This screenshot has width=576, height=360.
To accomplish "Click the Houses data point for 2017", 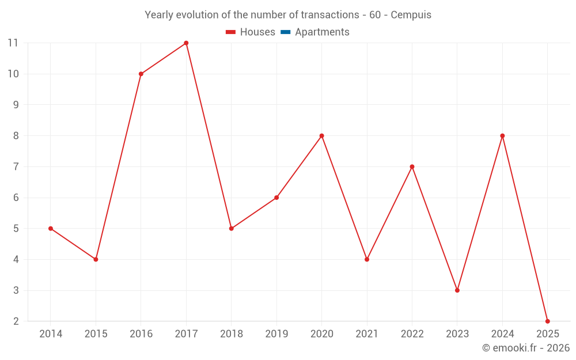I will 186,43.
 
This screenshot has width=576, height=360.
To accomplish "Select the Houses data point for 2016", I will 141,74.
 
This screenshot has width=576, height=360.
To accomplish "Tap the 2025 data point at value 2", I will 547,321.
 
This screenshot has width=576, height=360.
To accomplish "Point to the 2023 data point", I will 457,290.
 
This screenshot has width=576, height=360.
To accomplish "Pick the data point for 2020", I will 321,136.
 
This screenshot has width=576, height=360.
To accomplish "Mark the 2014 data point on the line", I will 51,229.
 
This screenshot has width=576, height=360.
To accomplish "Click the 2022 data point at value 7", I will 412,166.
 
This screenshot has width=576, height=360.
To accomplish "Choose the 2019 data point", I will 276,198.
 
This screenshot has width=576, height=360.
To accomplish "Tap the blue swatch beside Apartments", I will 285,32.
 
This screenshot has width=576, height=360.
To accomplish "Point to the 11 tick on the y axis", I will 13,43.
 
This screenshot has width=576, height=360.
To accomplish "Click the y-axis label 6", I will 16,198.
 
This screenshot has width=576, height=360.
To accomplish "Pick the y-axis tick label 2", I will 16,321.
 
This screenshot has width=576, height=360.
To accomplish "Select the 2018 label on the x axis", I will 231,334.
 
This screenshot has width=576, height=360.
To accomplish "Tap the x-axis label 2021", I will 367,334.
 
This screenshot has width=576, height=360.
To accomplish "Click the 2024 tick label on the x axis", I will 502,334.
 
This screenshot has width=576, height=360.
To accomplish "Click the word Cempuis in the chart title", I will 411,15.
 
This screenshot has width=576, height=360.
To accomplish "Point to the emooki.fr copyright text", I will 526,348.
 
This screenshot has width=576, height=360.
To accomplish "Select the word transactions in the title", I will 330,15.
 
